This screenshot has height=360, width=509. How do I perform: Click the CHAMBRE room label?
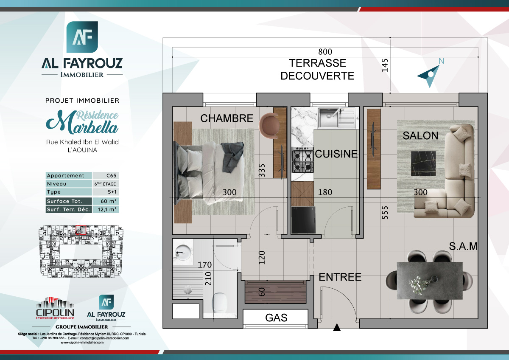(x=227, y=118)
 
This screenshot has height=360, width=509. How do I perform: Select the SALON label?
(x=420, y=135)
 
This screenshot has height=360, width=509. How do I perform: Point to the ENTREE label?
(x=340, y=277)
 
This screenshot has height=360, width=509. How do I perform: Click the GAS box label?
(x=276, y=318)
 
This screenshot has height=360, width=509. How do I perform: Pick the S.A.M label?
(x=464, y=246)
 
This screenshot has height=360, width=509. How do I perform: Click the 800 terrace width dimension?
(x=324, y=52)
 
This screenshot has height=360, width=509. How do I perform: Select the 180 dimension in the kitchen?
(x=325, y=192)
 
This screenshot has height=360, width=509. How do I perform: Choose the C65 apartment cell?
(x=105, y=176)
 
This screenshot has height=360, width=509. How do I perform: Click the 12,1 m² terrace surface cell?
(x=105, y=209)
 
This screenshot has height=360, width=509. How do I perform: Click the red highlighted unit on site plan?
(x=81, y=230)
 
